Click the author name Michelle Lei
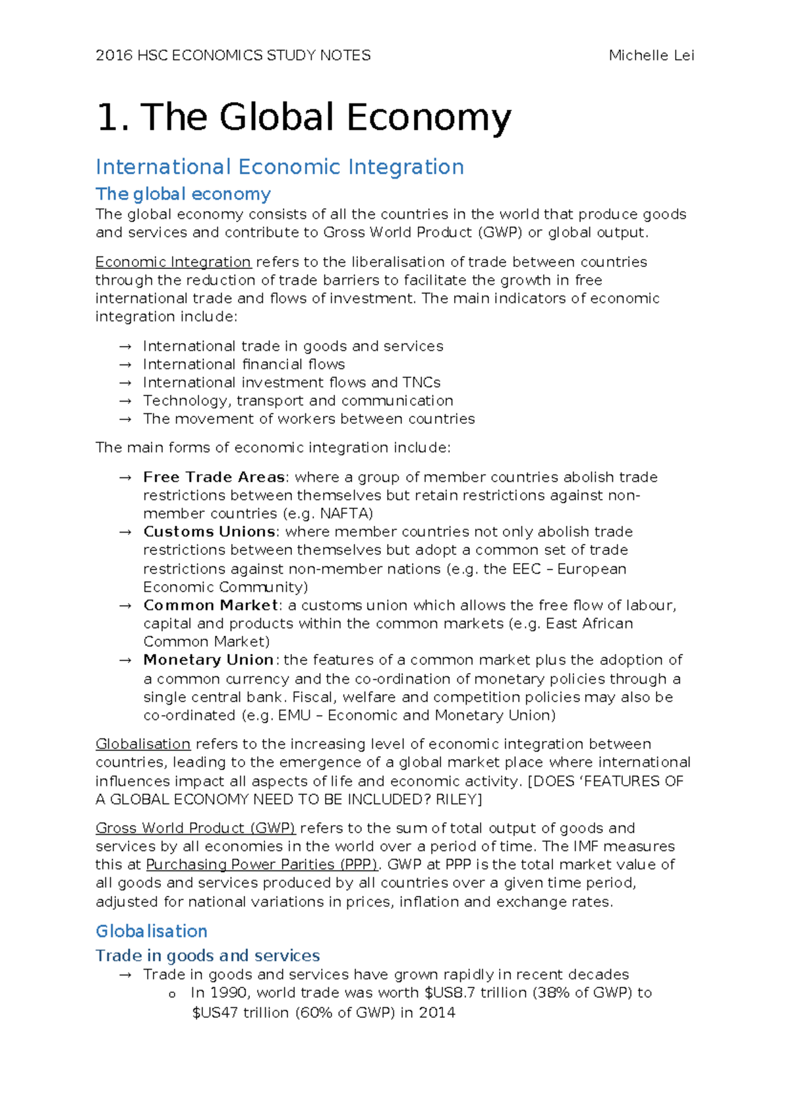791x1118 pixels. tap(651, 55)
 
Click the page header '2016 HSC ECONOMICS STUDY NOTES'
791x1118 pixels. tap(233, 55)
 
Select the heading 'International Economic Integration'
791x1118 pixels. tap(279, 167)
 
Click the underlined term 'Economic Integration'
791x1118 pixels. tap(173, 262)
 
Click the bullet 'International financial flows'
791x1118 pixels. tap(243, 365)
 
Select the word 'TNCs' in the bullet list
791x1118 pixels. tap(421, 382)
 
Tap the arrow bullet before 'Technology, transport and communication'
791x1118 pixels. tap(125, 401)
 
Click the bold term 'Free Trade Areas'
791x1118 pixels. tap(214, 477)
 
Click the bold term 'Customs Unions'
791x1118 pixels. tap(209, 532)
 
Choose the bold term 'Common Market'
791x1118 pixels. tap(210, 605)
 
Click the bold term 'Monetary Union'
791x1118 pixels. tap(208, 660)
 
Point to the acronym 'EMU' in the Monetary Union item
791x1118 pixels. tap(294, 715)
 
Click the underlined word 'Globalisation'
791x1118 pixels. tap(142, 744)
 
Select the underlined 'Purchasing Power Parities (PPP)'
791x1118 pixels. tap(262, 865)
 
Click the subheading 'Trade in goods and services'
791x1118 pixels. tap(207, 955)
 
